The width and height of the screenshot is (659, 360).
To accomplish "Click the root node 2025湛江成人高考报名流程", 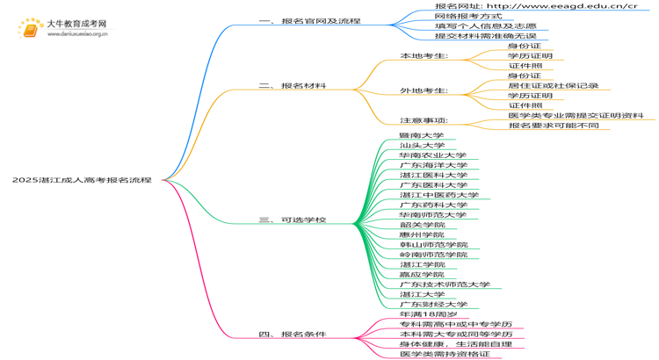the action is (82, 180).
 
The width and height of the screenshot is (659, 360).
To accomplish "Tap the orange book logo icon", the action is (31, 29).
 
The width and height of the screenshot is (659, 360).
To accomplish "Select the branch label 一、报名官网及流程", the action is (310, 20).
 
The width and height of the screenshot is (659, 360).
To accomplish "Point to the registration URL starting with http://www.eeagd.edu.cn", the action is (536, 6).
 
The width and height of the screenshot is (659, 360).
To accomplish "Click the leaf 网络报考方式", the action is (468, 16).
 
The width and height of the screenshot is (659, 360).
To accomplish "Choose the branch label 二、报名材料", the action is (293, 86).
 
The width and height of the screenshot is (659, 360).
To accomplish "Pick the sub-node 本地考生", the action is (424, 55).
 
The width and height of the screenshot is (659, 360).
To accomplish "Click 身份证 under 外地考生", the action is (525, 76).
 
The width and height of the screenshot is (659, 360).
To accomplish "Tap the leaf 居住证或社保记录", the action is (553, 86).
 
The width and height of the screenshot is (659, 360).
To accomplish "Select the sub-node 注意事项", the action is (424, 120).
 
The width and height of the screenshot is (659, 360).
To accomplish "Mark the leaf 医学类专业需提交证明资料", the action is (576, 116).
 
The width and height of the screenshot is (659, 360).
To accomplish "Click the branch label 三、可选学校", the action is (293, 220).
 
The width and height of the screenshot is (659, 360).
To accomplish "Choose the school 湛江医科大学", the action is (433, 175).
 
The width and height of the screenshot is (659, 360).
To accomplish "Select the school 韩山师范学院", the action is (433, 244).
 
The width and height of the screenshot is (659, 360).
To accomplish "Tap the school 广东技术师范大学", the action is (445, 284).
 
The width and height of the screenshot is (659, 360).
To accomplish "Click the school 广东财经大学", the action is (433, 304).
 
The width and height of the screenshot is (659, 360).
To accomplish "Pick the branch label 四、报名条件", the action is (293, 335).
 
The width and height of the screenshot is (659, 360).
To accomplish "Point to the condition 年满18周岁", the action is (428, 314).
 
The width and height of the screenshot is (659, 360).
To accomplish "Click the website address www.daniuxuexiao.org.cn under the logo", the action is (77, 34).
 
